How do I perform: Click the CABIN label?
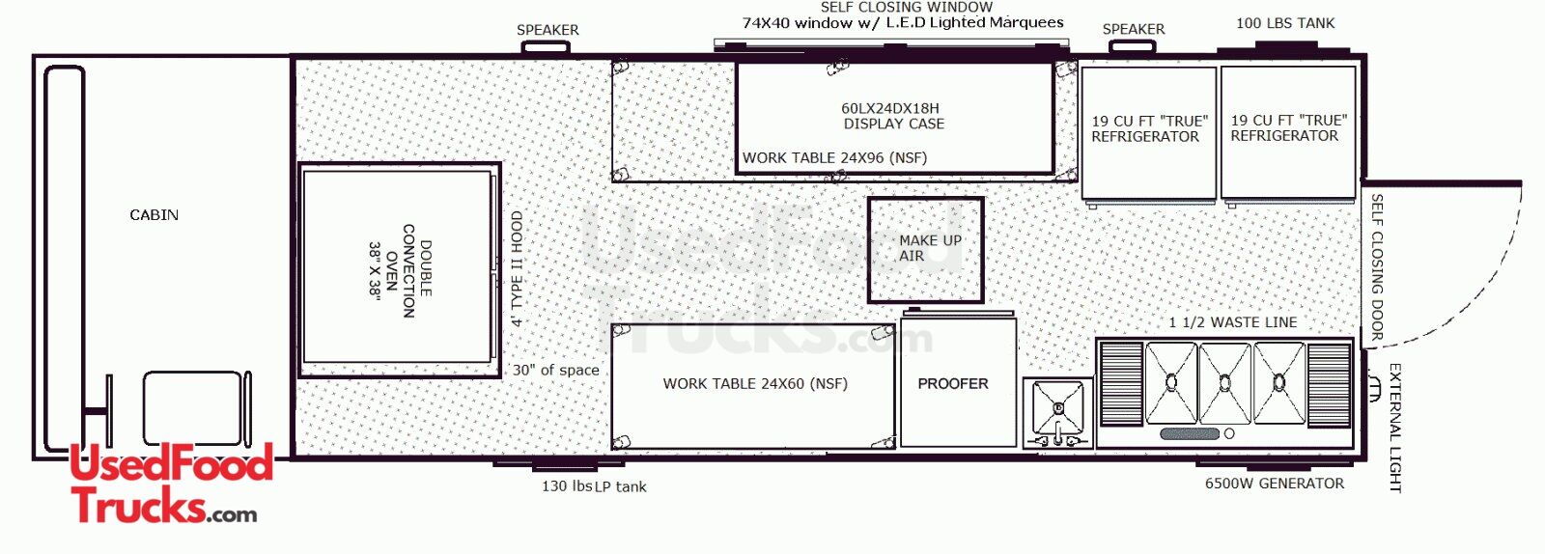[x=154, y=215]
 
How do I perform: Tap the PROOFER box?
[x=958, y=382]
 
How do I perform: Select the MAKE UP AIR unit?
[x=926, y=250]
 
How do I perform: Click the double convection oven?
[x=400, y=269]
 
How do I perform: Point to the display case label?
[x=893, y=117]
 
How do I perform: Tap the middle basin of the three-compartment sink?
[x=1225, y=383]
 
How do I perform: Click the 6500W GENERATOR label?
[x=1274, y=484]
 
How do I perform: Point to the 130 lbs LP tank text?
[x=594, y=486]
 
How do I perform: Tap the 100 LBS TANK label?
[x=1285, y=23]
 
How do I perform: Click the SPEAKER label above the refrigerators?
[x=1134, y=29]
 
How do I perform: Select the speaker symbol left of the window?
[x=545, y=47]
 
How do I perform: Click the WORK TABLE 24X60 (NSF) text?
[x=755, y=384]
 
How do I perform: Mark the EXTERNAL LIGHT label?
[x=1394, y=428]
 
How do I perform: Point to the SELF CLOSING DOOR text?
[x=1376, y=267]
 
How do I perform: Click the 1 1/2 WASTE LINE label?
[x=1232, y=322]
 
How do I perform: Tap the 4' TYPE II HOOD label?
[x=518, y=268]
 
